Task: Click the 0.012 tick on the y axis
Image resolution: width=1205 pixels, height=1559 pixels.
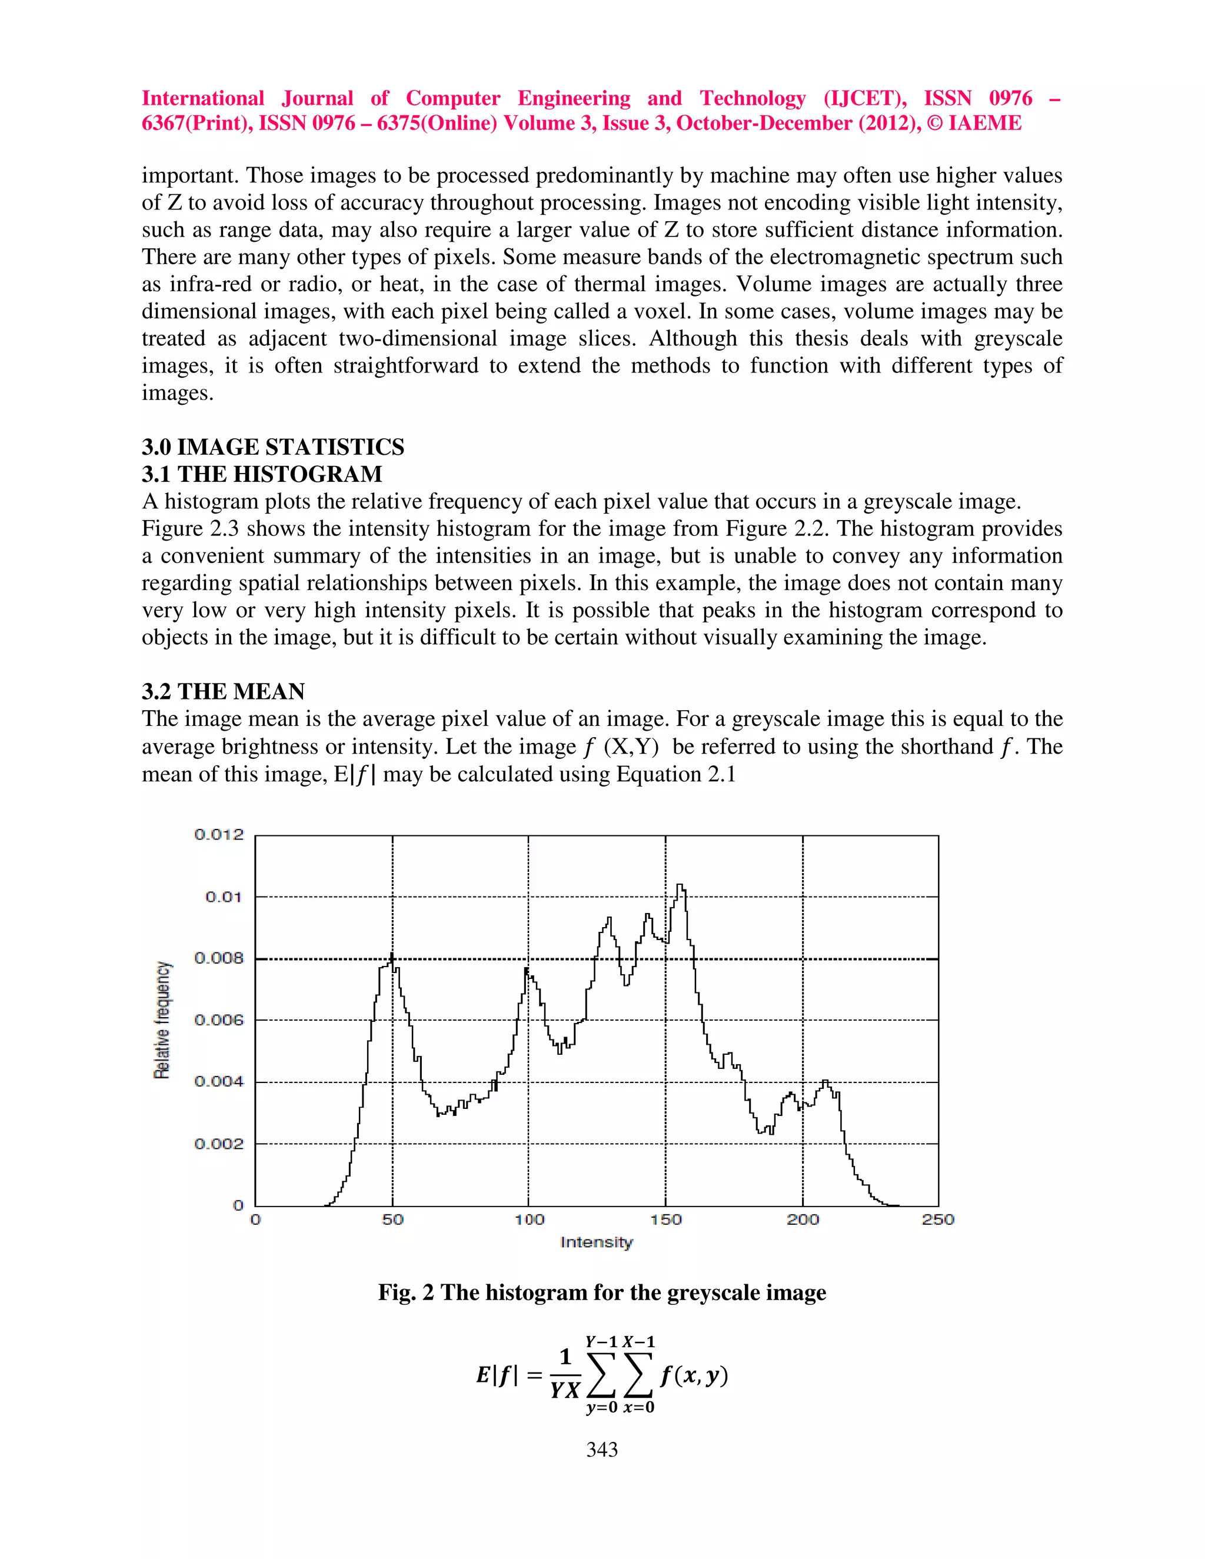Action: tap(218, 834)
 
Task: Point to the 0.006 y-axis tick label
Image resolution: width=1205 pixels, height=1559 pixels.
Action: tap(218, 1020)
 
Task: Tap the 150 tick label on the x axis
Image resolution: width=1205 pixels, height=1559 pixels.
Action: tap(665, 1220)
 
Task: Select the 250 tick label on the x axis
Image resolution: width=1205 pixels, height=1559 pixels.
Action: tap(937, 1220)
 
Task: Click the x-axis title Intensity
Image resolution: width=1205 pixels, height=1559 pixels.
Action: tap(597, 1242)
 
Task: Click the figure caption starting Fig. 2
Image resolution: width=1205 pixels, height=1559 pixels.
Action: tap(602, 1292)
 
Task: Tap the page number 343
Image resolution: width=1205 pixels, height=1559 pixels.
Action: tap(602, 1450)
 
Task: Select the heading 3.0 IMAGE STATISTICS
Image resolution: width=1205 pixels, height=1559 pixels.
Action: tap(272, 447)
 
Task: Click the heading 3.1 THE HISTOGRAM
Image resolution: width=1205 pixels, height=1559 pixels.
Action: tap(261, 474)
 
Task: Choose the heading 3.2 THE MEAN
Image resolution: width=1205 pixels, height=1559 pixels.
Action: tap(223, 691)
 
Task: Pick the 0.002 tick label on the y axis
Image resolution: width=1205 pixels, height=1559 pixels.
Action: tap(218, 1144)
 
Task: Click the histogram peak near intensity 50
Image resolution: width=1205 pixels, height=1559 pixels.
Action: tap(392, 955)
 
